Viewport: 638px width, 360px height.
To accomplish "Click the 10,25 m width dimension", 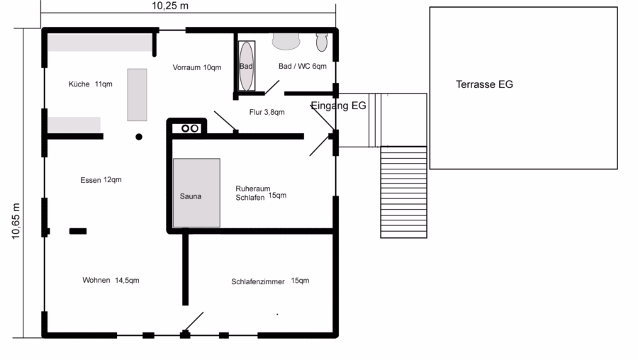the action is pyautogui.click(x=170, y=6).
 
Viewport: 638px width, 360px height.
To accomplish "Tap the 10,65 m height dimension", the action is pyautogui.click(x=16, y=221).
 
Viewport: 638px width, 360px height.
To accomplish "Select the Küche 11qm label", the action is pyautogui.click(x=90, y=84).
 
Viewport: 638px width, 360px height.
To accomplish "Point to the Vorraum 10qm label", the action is pyautogui.click(x=197, y=67).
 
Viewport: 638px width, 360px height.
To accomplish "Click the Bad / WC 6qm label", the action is pyautogui.click(x=302, y=66).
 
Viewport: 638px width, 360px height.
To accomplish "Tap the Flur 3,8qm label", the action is pyautogui.click(x=267, y=112).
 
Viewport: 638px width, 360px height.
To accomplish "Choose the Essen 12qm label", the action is pyautogui.click(x=101, y=180).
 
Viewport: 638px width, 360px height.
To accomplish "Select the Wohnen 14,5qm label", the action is pyautogui.click(x=111, y=280).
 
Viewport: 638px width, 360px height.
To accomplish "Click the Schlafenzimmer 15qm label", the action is pyautogui.click(x=270, y=281).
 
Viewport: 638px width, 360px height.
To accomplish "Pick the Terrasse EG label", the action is pyautogui.click(x=484, y=84).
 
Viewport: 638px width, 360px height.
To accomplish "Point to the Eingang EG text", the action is pyautogui.click(x=339, y=106).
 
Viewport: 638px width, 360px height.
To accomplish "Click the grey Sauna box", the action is pyautogui.click(x=196, y=193).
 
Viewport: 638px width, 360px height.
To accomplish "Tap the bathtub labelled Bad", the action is pyautogui.click(x=246, y=66).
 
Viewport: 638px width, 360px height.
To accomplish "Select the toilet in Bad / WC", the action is pyautogui.click(x=321, y=43).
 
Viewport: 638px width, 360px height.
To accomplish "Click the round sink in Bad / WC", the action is pyautogui.click(x=286, y=42).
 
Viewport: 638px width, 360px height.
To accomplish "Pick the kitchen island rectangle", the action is pyautogui.click(x=137, y=95).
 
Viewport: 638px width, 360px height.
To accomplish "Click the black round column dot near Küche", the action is pyautogui.click(x=139, y=137).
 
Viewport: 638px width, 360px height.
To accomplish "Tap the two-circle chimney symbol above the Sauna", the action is pyautogui.click(x=190, y=128).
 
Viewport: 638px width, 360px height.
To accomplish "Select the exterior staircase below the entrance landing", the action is pyautogui.click(x=403, y=192).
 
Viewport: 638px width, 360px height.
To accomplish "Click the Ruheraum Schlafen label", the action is pyautogui.click(x=261, y=193).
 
